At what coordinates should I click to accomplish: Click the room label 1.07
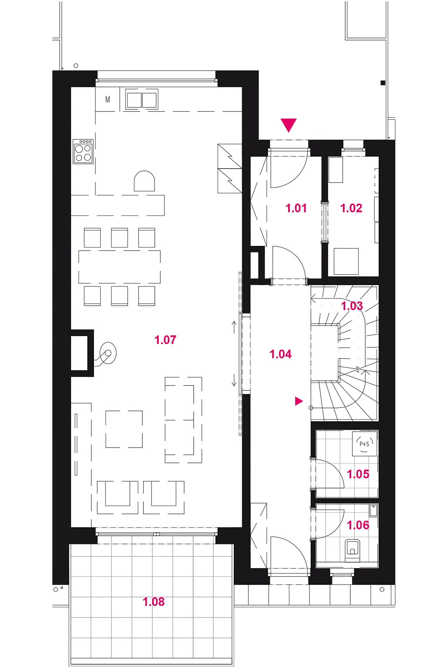tap(165, 340)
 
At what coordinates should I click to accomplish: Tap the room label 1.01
tap(296, 208)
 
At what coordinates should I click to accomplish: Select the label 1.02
tap(351, 208)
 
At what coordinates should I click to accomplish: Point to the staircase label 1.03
tap(352, 306)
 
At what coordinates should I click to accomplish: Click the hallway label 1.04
tap(281, 354)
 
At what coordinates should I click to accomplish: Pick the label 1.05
tap(358, 474)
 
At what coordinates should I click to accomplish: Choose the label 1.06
tap(358, 525)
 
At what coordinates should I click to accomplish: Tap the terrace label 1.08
tap(154, 602)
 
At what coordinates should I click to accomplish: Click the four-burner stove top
tap(83, 151)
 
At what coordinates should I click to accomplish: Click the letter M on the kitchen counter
tap(108, 99)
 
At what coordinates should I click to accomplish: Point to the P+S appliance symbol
tap(364, 444)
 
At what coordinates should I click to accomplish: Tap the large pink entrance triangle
tap(289, 125)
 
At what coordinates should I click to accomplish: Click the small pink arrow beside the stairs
tap(299, 401)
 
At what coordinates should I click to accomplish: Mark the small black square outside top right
tap(383, 83)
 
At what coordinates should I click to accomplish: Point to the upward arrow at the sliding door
tap(234, 327)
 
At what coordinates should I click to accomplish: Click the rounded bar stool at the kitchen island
tap(144, 181)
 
